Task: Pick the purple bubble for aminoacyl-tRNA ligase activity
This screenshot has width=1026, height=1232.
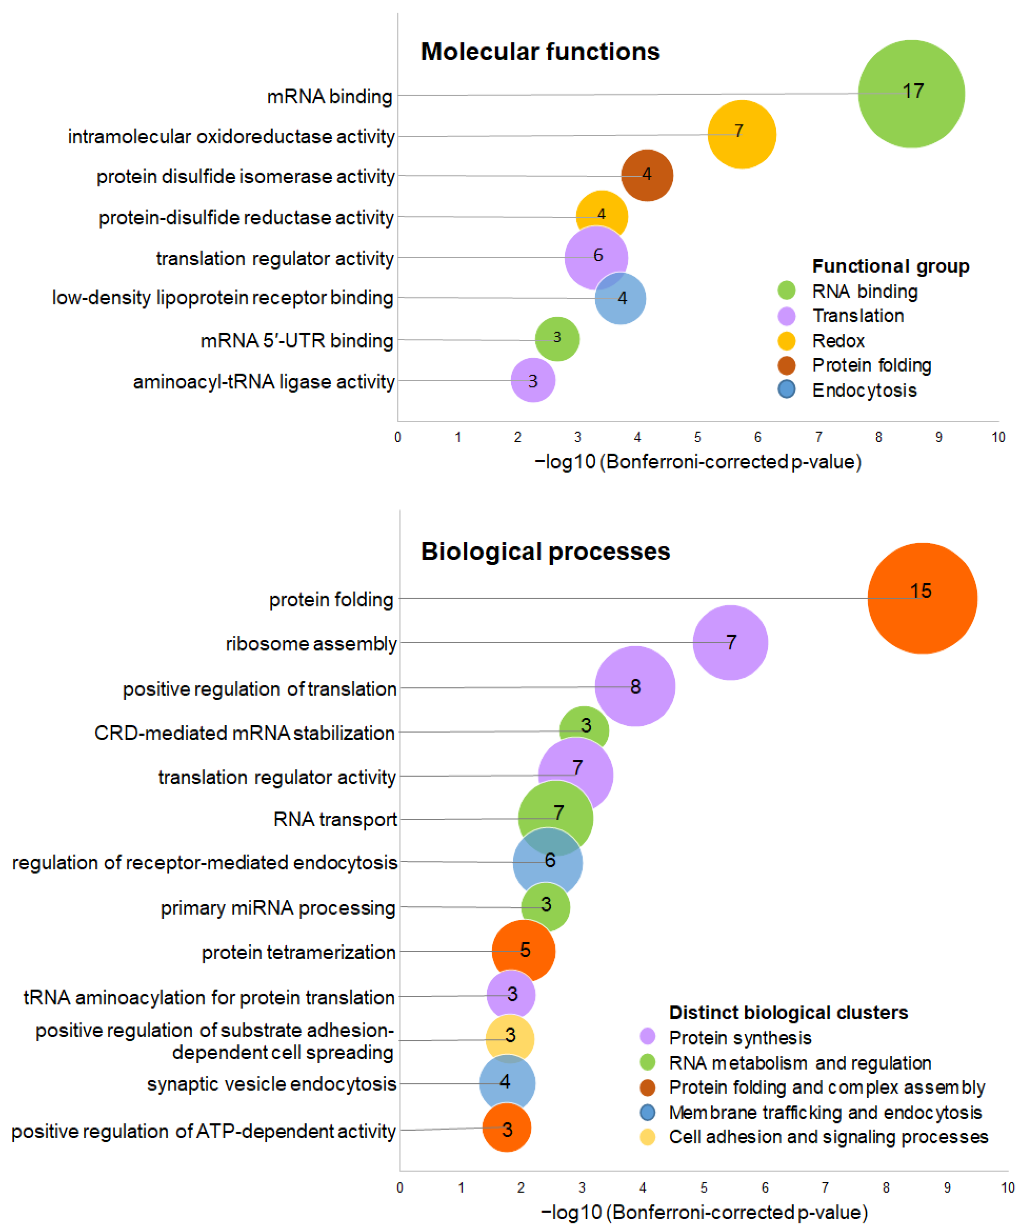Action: (x=533, y=380)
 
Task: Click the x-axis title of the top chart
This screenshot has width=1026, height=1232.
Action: (x=697, y=462)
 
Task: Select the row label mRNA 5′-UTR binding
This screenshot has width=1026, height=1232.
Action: (x=297, y=340)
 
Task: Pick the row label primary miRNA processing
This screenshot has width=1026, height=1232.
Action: (x=278, y=908)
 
